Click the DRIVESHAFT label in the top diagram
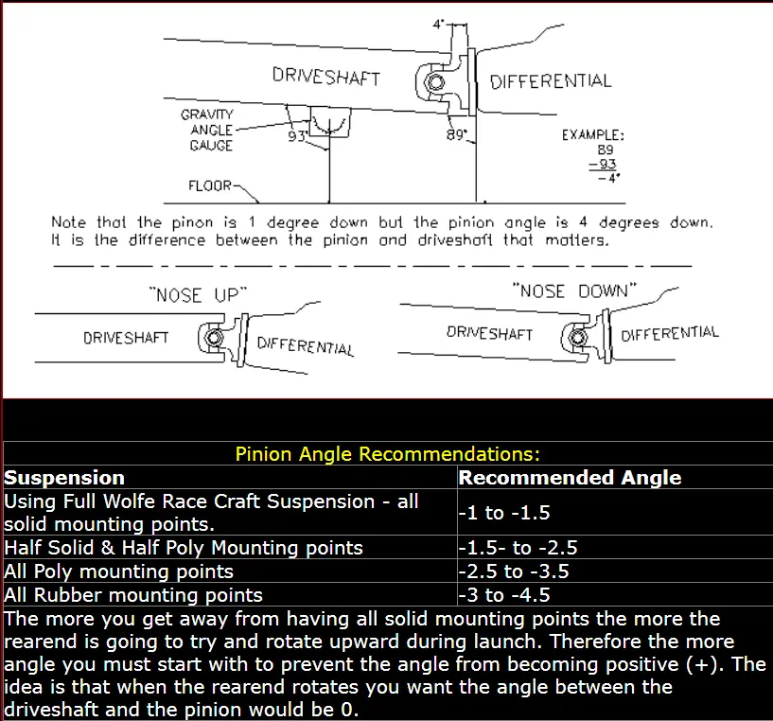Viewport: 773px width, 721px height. [x=325, y=77]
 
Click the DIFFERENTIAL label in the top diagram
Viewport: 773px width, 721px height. [x=550, y=80]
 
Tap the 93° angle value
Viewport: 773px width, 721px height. [x=297, y=135]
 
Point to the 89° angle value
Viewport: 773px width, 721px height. [x=456, y=134]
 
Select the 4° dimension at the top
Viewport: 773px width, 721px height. [x=438, y=24]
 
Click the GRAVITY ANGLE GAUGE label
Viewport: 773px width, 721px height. [x=206, y=130]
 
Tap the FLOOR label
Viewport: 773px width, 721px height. [x=209, y=185]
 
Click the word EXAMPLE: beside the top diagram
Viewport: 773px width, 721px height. [x=592, y=134]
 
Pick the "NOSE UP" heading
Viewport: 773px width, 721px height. [x=198, y=295]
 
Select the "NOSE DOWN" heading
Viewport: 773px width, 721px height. [x=574, y=290]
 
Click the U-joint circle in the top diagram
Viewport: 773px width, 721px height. [x=435, y=82]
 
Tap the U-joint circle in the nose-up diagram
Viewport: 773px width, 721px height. [x=214, y=339]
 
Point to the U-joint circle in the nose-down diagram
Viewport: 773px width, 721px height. [x=577, y=338]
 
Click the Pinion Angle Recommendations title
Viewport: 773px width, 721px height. [x=388, y=453]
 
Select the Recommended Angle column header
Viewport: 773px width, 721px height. [x=570, y=478]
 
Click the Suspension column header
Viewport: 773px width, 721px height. [x=64, y=478]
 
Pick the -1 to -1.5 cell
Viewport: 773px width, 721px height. [x=504, y=513]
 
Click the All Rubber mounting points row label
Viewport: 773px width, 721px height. [x=133, y=595]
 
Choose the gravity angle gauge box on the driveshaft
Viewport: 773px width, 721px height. [x=330, y=122]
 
